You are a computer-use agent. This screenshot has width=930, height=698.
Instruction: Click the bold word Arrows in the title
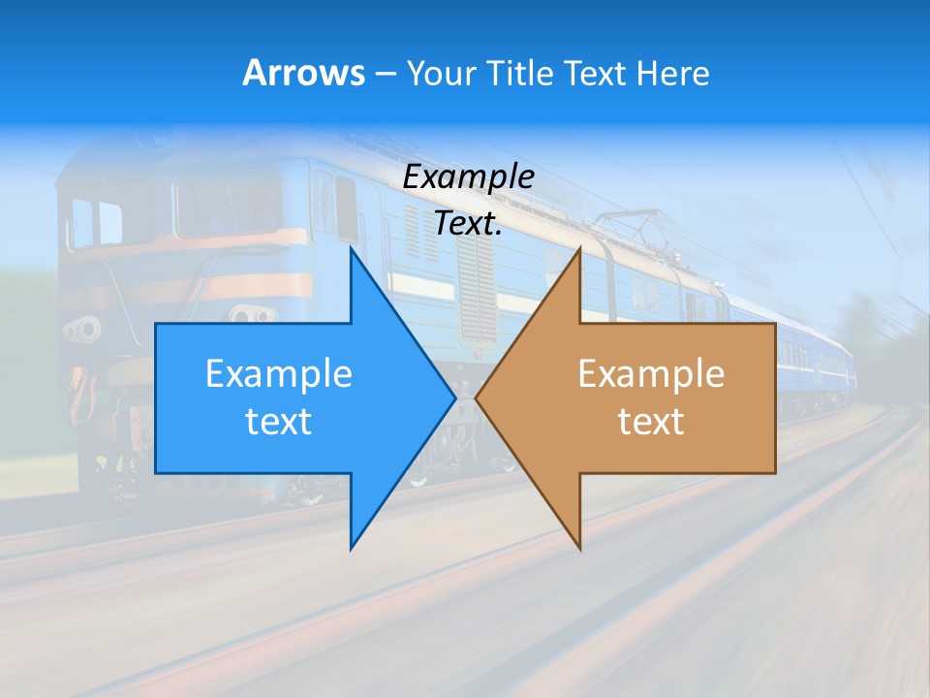coord(303,73)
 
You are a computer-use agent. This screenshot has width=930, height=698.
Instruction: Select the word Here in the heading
coord(672,73)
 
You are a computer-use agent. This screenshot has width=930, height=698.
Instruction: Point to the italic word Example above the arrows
coord(468,177)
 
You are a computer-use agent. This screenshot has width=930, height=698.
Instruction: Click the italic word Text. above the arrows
coord(468,223)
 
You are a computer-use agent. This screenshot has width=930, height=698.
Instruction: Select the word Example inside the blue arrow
coord(279,374)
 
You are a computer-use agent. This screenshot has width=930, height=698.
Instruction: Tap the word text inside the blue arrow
coord(279,422)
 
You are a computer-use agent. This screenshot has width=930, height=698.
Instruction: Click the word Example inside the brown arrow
coord(651,374)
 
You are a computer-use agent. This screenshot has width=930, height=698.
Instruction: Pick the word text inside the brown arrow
coord(651,422)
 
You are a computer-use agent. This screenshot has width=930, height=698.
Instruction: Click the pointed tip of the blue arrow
coord(455,397)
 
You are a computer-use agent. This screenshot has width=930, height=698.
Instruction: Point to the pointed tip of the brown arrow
coord(476,397)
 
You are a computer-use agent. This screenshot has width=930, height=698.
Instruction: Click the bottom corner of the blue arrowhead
coord(351,549)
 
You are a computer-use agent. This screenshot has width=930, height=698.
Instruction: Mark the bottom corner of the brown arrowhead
coord(579,549)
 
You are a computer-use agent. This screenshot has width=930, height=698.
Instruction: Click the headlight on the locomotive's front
coord(82,329)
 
